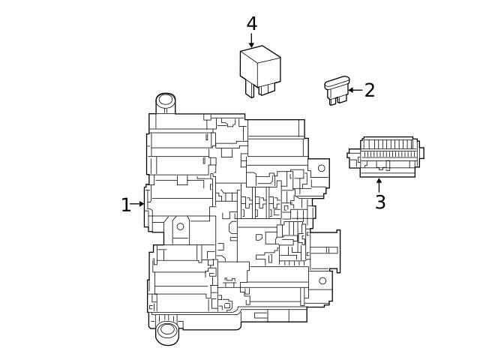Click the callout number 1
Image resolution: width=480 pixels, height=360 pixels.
pyautogui.click(x=126, y=205)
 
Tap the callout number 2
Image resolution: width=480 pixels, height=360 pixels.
pyautogui.click(x=369, y=91)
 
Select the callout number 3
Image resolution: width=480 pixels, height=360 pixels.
pyautogui.click(x=380, y=202)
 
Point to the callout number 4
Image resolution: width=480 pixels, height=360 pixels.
pyautogui.click(x=252, y=24)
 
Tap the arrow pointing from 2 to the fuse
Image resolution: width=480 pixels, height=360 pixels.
pyautogui.click(x=355, y=90)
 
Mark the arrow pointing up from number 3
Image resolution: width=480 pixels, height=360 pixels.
pyautogui.click(x=379, y=184)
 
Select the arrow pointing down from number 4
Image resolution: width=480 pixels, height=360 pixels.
pyautogui.click(x=252, y=40)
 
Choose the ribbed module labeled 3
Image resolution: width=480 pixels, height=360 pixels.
pyautogui.click(x=386, y=156)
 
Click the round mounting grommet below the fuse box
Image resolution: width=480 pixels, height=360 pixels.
pyautogui.click(x=167, y=330)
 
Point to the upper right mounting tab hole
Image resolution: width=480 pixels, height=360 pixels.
pyautogui.click(x=321, y=168)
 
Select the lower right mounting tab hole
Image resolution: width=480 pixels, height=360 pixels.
pyautogui.click(x=322, y=280)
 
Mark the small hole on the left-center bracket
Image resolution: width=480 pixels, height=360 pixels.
pyautogui.click(x=180, y=226)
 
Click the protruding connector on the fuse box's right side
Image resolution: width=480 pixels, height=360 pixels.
pyautogui.click(x=325, y=250)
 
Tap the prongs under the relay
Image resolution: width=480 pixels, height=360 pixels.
pyautogui.click(x=256, y=89)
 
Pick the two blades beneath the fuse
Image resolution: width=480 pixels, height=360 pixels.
pyautogui.click(x=337, y=99)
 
